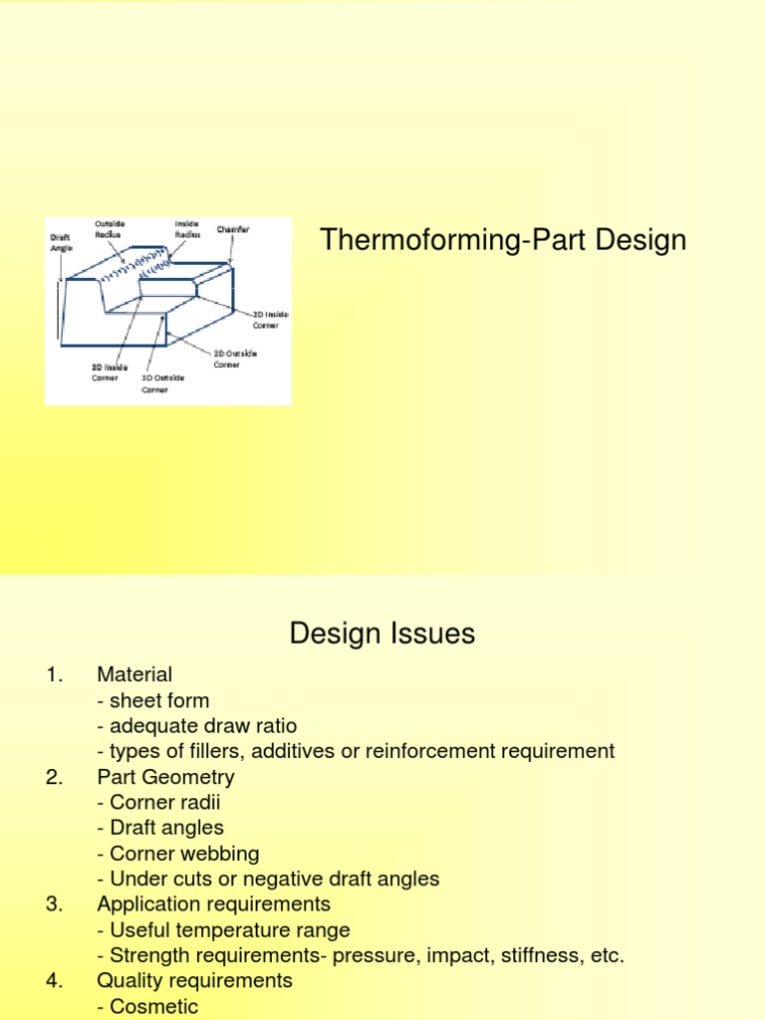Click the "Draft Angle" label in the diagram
click(x=61, y=243)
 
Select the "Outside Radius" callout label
click(x=109, y=229)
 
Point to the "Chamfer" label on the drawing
click(x=233, y=229)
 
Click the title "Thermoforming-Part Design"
click(x=502, y=240)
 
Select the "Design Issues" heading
click(x=382, y=633)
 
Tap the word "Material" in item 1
click(x=134, y=674)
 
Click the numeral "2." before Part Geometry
click(x=55, y=776)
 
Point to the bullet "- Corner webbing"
click(x=178, y=853)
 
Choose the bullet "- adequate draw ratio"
click(x=197, y=725)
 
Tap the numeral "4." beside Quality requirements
click(x=55, y=980)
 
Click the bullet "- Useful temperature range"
click(x=224, y=929)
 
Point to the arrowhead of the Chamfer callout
click(x=230, y=263)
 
